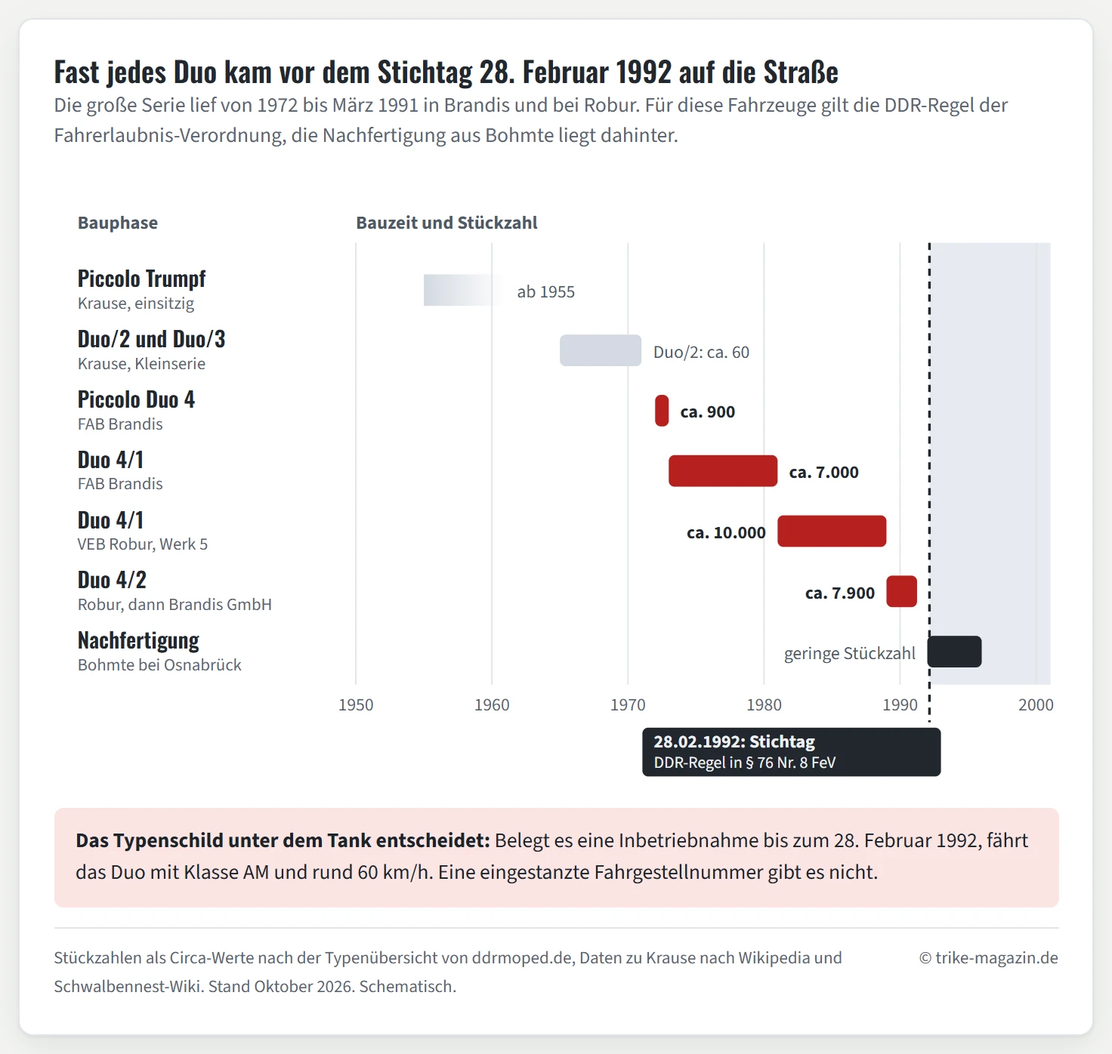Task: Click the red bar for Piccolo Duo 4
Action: pos(662,411)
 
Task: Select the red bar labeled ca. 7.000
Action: pos(723,471)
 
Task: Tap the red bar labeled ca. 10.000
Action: pos(832,531)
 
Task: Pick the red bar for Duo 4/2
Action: pos(901,591)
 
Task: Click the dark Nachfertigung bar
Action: pos(954,652)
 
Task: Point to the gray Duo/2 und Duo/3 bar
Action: pos(601,350)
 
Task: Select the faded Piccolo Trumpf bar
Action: pos(462,290)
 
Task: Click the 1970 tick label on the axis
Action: pos(628,705)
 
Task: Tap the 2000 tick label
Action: pos(1036,705)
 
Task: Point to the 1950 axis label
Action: pos(356,705)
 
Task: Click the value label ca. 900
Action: pos(708,411)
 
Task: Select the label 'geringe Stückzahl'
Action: pos(850,654)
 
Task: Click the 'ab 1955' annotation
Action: pos(546,291)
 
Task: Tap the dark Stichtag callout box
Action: pos(791,752)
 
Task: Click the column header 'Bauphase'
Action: pos(118,223)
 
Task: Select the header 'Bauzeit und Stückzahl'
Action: pos(446,223)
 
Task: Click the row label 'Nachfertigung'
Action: pos(138,641)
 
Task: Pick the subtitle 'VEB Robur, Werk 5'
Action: pos(143,544)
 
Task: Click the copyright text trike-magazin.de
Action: pos(989,958)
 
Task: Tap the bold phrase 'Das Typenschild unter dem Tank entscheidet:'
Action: pos(283,841)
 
